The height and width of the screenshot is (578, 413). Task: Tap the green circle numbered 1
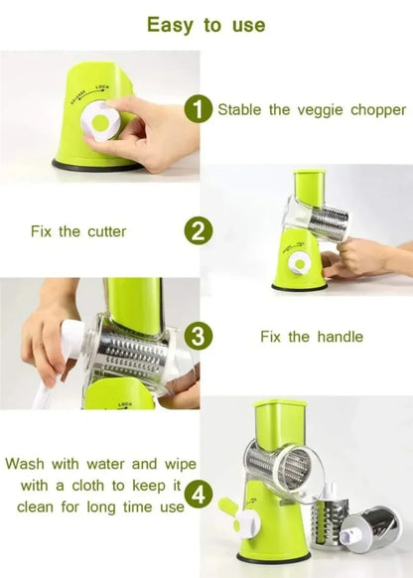200,109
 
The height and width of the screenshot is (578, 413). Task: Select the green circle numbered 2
200,231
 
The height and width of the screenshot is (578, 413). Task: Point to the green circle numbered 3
200,337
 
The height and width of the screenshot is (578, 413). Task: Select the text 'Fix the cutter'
77,231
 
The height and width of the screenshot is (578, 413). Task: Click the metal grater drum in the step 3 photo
130,352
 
